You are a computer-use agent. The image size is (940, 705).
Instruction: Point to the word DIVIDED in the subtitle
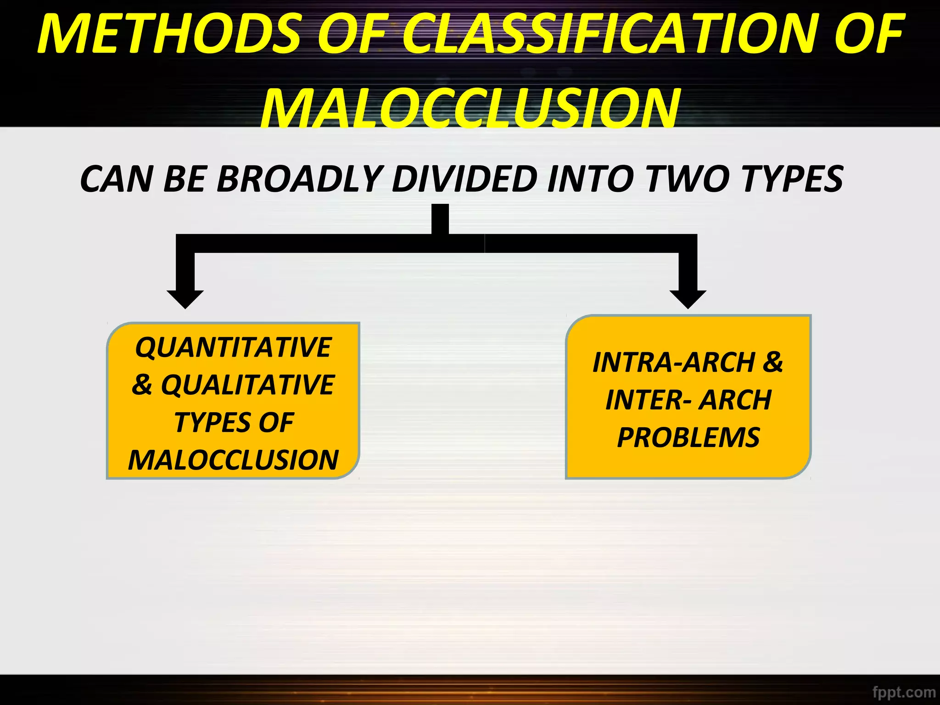point(464,179)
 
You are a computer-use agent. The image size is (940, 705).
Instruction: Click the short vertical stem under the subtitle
point(440,219)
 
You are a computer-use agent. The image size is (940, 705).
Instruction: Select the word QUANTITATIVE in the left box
point(233,347)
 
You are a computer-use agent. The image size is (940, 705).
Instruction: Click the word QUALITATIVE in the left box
point(247,385)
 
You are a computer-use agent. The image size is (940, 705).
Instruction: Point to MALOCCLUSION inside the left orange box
point(233,460)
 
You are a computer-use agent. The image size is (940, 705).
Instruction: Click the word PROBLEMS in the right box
point(688,437)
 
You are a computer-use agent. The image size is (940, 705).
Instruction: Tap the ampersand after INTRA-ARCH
point(773,363)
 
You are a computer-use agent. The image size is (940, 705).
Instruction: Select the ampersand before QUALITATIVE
point(142,385)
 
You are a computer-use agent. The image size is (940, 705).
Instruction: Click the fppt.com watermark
point(904,692)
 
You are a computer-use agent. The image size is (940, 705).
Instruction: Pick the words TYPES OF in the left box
point(234,422)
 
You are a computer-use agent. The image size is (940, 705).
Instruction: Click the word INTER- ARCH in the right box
point(688,400)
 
